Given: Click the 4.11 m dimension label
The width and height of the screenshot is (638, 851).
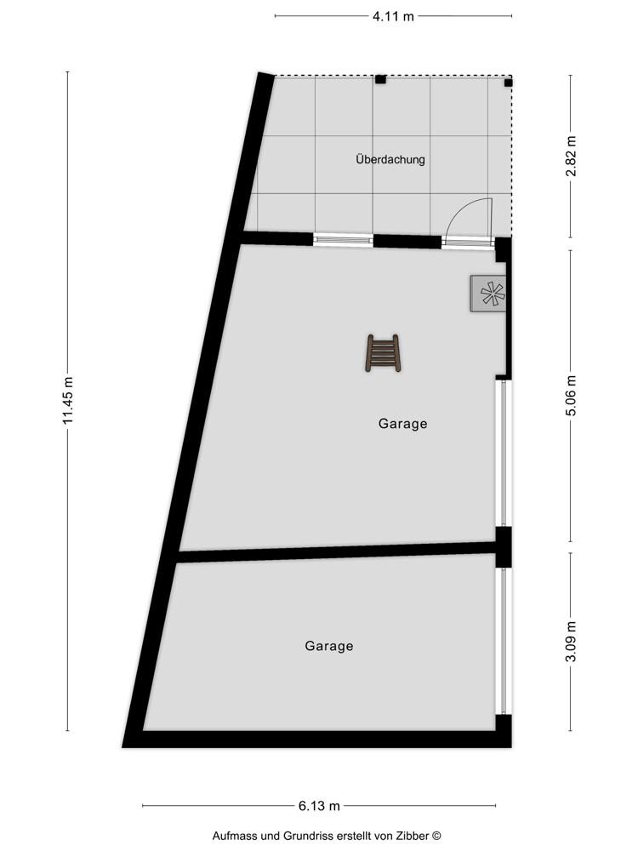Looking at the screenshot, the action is [x=393, y=16].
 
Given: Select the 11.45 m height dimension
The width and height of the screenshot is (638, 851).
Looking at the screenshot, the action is [x=68, y=401].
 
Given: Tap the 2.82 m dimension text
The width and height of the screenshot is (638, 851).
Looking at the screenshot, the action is [x=571, y=157].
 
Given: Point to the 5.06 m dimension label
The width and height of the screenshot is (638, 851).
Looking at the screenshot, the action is [x=571, y=395].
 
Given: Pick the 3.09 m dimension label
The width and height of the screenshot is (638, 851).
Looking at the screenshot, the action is [x=571, y=642].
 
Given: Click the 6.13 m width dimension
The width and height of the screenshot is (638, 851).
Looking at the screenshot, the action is [x=319, y=806].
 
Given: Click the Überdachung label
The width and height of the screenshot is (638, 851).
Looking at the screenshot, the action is [x=390, y=160].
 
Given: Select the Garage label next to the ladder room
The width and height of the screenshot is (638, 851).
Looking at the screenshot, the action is [x=402, y=423].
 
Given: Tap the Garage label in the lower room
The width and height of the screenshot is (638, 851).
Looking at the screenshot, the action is [x=328, y=646].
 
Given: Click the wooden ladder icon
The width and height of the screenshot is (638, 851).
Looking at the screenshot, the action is [x=383, y=353].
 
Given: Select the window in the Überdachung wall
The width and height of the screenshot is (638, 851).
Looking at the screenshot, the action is [x=344, y=239].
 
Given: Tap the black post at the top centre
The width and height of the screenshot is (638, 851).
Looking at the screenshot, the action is [x=381, y=79].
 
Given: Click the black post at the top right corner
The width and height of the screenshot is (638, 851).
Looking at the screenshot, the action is [x=508, y=83].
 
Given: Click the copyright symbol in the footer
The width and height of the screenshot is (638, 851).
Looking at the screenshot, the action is [x=436, y=837].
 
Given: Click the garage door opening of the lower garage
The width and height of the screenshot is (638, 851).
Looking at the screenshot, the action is [x=504, y=642].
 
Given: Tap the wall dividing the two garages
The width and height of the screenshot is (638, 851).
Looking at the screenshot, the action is [x=338, y=551].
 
